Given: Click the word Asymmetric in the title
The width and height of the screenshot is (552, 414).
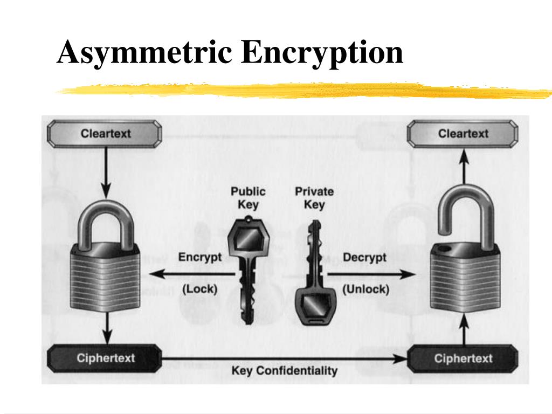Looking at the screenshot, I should (144, 53).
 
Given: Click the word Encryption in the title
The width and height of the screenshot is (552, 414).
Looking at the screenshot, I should (322, 53).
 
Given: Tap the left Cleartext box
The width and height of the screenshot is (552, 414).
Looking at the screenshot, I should (105, 133).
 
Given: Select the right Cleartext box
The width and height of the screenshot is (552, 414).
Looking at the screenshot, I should (463, 133).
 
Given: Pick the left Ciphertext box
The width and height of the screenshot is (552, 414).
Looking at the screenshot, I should (105, 358).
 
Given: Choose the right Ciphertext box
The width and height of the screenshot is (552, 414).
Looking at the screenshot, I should (463, 358).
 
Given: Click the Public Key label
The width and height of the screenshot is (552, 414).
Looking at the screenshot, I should (248, 198).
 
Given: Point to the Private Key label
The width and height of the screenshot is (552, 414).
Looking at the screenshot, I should (314, 198).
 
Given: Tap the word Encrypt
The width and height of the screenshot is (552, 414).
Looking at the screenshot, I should (200, 257).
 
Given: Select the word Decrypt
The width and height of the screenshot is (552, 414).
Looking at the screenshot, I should (365, 257).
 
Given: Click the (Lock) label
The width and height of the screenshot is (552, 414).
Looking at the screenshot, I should (199, 289).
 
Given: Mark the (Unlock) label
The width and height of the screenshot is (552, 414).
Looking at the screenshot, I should (365, 289).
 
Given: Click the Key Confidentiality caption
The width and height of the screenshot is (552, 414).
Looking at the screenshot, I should (284, 371).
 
